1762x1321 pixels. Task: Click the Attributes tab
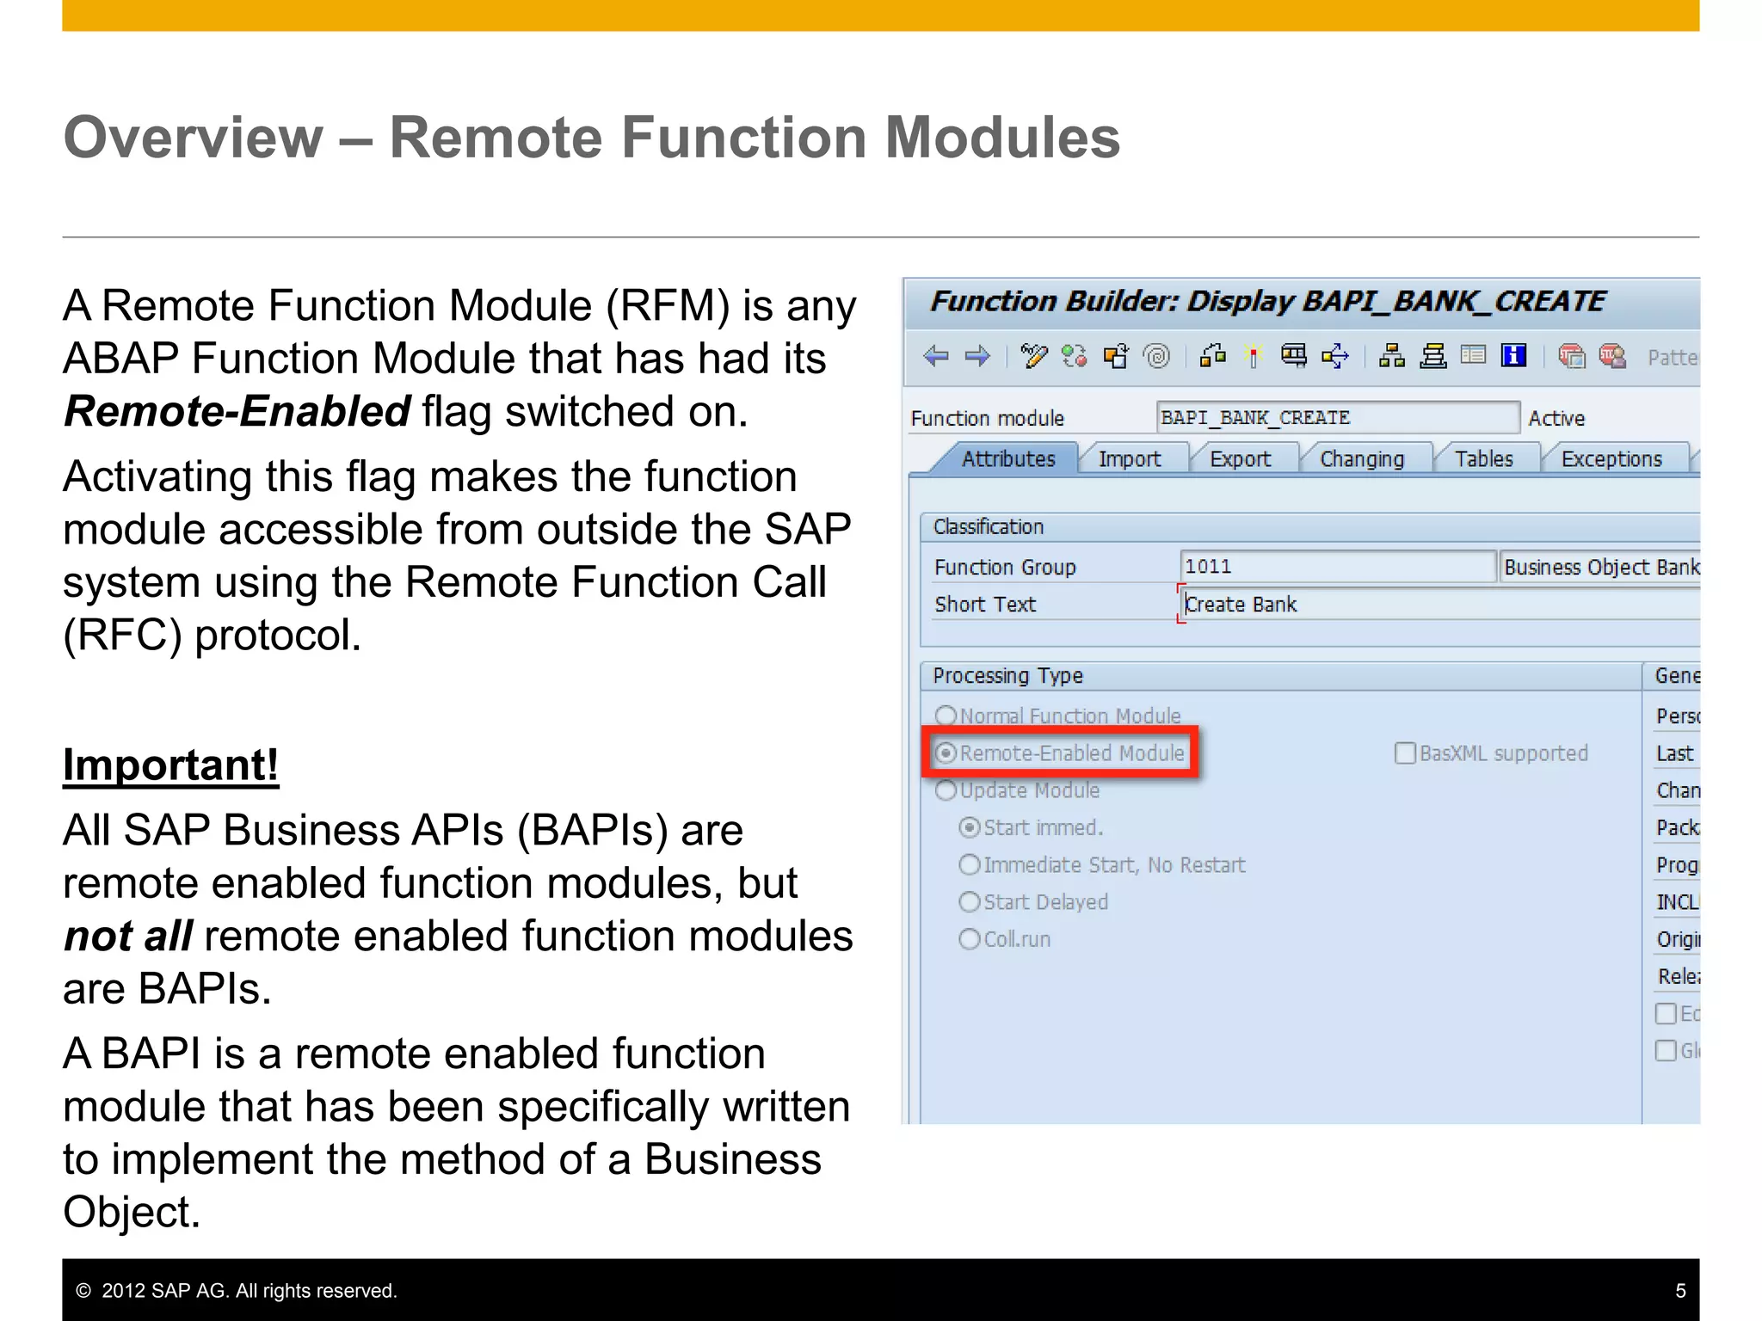click(x=1007, y=459)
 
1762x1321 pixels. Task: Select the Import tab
click(x=1129, y=459)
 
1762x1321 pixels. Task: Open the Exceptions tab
click(x=1611, y=459)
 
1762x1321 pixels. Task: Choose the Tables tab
click(x=1483, y=459)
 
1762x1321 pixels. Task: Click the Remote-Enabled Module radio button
click(x=946, y=753)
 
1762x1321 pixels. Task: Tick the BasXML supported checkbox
click(x=1404, y=753)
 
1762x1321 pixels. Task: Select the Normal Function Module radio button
click(x=946, y=716)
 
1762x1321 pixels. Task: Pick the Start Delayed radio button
click(x=970, y=902)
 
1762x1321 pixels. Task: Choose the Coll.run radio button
click(x=970, y=939)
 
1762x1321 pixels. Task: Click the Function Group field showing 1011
click(x=1336, y=567)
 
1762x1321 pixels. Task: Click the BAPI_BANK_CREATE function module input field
click(x=1336, y=418)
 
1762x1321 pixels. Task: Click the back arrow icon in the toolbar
click(x=935, y=356)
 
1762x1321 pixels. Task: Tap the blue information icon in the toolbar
click(x=1513, y=355)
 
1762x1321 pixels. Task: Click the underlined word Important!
click(x=170, y=765)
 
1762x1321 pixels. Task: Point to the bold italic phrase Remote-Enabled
click(x=237, y=411)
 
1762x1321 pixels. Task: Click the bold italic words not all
click(x=128, y=936)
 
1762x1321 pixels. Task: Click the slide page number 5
click(x=1680, y=1291)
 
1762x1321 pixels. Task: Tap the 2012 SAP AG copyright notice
click(x=237, y=1291)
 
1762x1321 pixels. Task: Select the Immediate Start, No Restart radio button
click(x=970, y=864)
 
